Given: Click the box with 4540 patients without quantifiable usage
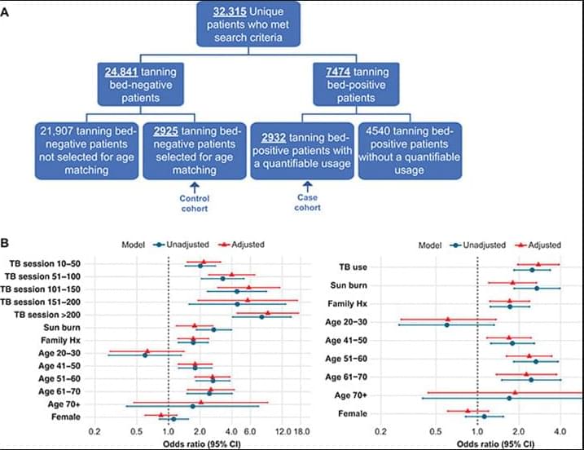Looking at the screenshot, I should pos(410,149).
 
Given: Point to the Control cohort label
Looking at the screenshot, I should pos(194,203).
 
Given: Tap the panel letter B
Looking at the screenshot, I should pos(6,242).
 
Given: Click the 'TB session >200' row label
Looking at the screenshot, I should pos(50,315).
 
